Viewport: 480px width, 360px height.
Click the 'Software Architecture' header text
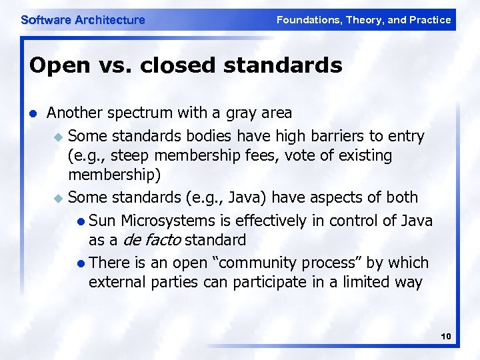(83, 20)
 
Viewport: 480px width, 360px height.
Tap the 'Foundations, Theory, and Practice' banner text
(363, 20)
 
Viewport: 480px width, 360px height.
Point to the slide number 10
(446, 337)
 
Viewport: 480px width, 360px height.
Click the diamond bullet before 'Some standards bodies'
(59, 137)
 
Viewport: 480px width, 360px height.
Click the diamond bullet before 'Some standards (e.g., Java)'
(59, 199)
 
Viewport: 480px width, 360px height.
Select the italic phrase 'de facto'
(151, 240)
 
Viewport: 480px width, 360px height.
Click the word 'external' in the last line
(116, 282)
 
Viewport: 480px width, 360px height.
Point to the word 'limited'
(354, 282)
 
